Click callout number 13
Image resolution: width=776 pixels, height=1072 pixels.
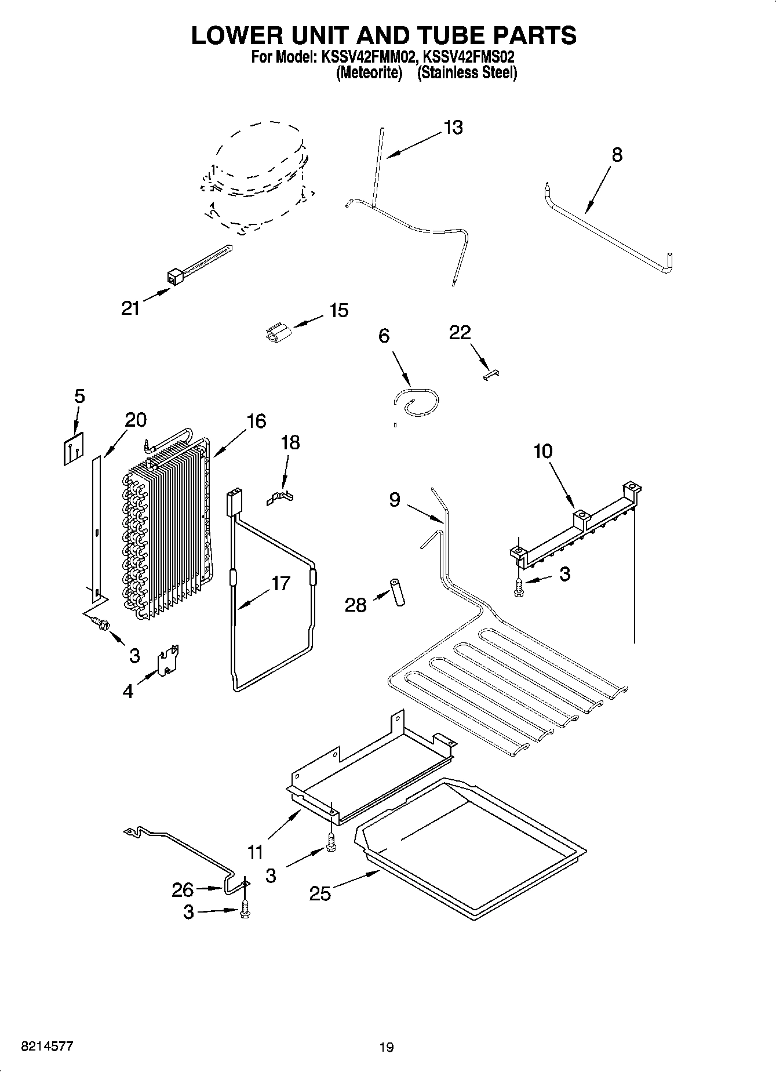click(453, 128)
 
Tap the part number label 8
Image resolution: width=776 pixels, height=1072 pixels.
click(617, 155)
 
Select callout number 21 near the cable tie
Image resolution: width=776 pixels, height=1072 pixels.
click(130, 308)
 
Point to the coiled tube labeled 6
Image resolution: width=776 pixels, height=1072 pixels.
click(416, 402)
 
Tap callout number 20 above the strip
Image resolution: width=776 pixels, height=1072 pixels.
click(136, 420)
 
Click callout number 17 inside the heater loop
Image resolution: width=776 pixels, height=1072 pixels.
click(280, 583)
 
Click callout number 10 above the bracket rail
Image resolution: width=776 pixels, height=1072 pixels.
click(542, 450)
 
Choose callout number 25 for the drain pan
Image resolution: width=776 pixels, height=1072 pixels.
click(319, 893)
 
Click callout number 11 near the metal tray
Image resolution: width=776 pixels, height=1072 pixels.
click(255, 852)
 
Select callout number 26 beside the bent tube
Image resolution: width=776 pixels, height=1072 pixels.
click(183, 889)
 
